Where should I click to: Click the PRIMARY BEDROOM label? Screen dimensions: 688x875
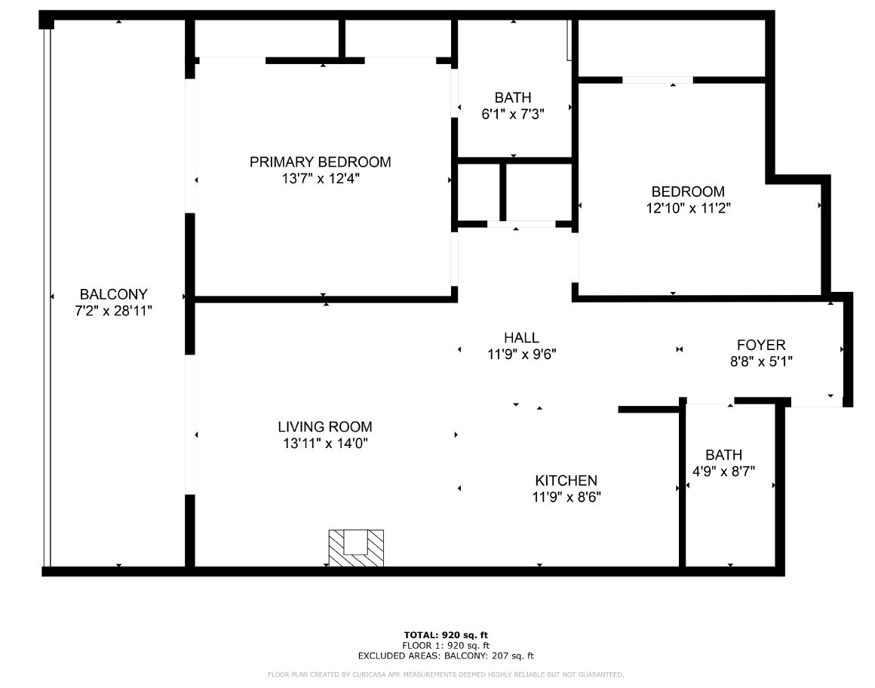point(321,161)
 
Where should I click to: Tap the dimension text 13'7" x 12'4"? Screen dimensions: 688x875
point(321,179)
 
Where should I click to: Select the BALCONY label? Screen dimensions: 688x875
point(114,294)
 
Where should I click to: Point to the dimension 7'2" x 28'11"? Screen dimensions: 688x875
point(114,311)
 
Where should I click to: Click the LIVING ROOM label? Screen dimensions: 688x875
point(325,427)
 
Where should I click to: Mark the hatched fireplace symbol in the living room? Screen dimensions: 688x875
point(356,548)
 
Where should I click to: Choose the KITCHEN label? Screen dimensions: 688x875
point(566,481)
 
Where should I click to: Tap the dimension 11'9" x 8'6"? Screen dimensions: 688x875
point(566,497)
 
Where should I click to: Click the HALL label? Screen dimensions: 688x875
point(522,338)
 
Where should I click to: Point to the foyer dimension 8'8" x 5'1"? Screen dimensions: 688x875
point(761,361)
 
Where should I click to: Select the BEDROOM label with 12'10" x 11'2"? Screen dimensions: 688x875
point(688,192)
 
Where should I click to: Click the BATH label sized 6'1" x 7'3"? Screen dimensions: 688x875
point(513,97)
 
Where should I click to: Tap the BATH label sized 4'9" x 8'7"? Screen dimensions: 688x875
point(724,455)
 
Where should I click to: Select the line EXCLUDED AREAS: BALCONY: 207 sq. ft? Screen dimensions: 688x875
point(446,656)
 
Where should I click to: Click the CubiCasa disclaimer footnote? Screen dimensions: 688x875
point(446,674)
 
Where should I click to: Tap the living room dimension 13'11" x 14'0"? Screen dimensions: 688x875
point(325,444)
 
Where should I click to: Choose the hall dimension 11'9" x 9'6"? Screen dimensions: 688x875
point(522,355)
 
